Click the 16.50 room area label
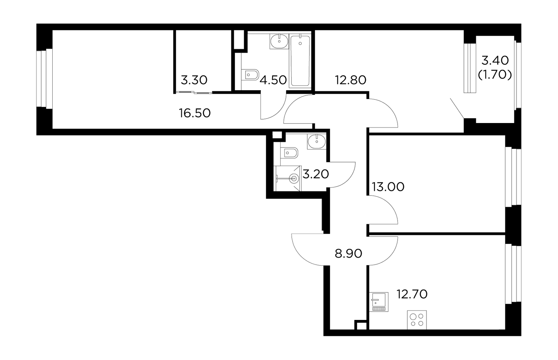click(x=195, y=113)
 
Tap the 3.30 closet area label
click(x=194, y=80)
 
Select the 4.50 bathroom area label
click(x=273, y=80)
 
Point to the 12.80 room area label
click(x=350, y=80)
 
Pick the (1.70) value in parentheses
click(x=495, y=75)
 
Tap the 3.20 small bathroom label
click(x=316, y=174)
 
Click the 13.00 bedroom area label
click(x=388, y=187)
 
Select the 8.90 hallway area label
click(x=348, y=254)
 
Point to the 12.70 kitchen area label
click(x=412, y=294)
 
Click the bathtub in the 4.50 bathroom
click(x=300, y=61)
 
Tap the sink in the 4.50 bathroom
click(x=279, y=41)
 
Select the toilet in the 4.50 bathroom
click(x=250, y=75)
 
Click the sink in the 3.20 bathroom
click(x=317, y=141)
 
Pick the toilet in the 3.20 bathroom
click(x=289, y=153)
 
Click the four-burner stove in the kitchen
click(x=417, y=320)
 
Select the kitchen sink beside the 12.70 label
click(x=379, y=302)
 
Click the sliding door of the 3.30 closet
click(x=194, y=93)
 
